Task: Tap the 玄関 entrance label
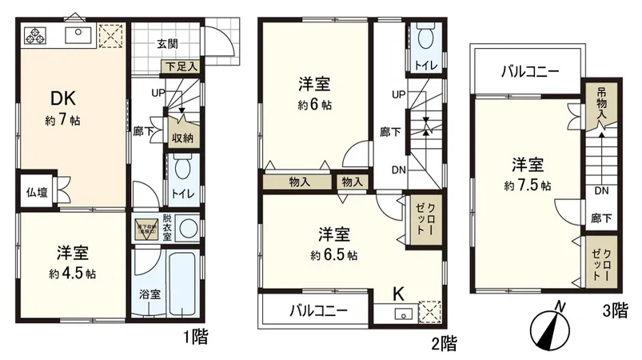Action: (166, 44)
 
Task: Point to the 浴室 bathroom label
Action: (149, 294)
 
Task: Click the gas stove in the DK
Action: (36, 34)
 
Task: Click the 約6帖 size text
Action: (315, 105)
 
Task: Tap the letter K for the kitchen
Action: (397, 293)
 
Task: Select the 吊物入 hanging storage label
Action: (600, 104)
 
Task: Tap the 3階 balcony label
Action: (530, 70)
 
